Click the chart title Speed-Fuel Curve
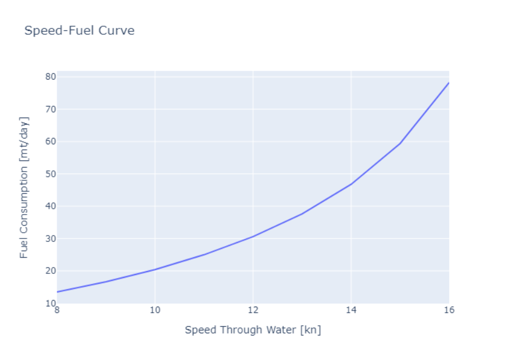pos(79,30)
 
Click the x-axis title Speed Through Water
pos(253,330)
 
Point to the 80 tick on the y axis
pos(50,77)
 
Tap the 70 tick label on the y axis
pos(50,109)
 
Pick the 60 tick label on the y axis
pos(50,141)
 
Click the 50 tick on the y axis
pos(50,174)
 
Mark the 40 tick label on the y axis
pos(50,206)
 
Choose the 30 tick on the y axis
pos(50,238)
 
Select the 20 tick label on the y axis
pos(50,270)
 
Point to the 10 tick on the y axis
pos(50,303)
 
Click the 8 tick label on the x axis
pos(56,310)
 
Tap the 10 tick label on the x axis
pos(155,310)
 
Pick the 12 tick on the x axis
pos(253,310)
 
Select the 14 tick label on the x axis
pos(351,310)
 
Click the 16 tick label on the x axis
pos(449,310)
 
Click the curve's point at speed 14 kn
pos(351,184)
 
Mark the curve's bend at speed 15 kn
pos(400,144)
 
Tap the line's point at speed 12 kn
pos(253,236)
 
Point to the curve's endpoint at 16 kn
pos(449,83)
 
